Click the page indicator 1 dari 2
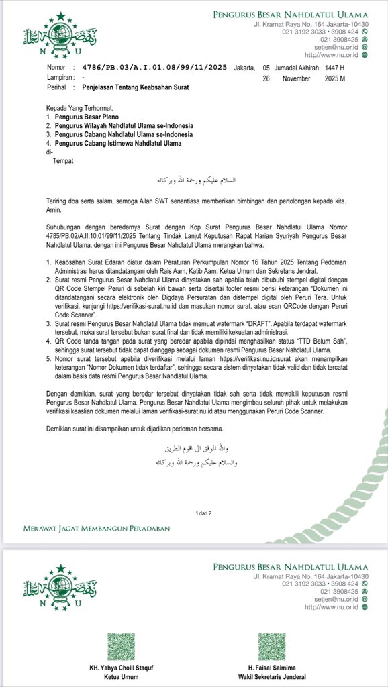[x=203, y=513]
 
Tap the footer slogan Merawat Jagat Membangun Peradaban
[x=97, y=528]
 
